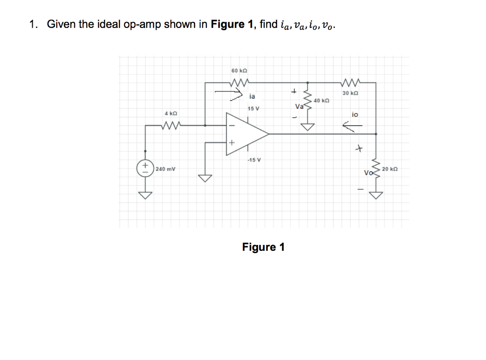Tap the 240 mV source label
(165, 169)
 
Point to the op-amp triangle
(245, 134)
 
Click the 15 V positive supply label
(253, 109)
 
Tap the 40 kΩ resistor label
(321, 101)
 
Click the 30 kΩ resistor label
(350, 93)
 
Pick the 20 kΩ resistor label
(390, 169)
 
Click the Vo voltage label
(368, 172)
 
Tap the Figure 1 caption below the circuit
(263, 247)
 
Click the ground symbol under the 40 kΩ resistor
(309, 126)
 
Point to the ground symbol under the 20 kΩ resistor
(376, 196)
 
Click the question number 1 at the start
(32, 25)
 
